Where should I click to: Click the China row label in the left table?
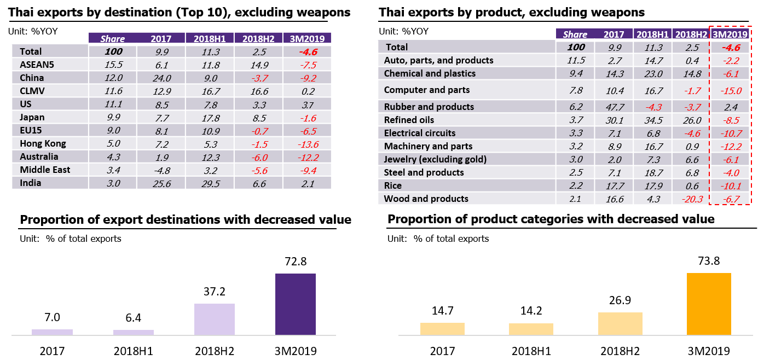32,78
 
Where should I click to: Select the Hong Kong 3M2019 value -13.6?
308,144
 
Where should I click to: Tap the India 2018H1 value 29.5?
210,183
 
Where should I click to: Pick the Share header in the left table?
112,39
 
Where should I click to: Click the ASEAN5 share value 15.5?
112,65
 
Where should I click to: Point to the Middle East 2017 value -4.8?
161,170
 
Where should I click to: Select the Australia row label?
39,157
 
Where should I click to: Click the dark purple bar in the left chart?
296,304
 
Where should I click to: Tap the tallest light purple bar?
215,319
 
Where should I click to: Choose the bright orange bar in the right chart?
709,304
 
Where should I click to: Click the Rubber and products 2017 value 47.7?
614,107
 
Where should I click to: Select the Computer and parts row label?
427,90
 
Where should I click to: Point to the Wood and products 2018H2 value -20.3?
691,199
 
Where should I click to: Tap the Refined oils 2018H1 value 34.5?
652,120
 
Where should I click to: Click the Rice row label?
393,185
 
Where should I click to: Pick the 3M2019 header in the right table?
730,34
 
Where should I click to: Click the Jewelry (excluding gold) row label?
435,159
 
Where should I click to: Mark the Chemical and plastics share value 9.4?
576,73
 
